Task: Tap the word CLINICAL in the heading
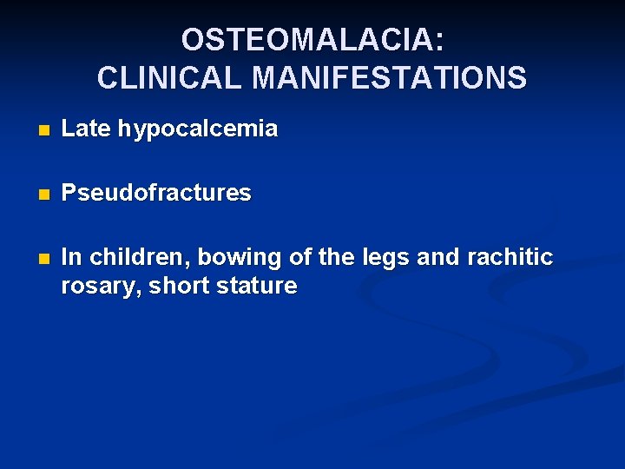[x=170, y=78]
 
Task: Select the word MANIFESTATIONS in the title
[x=389, y=78]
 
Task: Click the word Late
[x=87, y=129]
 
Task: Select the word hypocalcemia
[x=198, y=130]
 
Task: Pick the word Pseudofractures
[x=156, y=193]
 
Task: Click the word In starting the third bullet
[x=71, y=257]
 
